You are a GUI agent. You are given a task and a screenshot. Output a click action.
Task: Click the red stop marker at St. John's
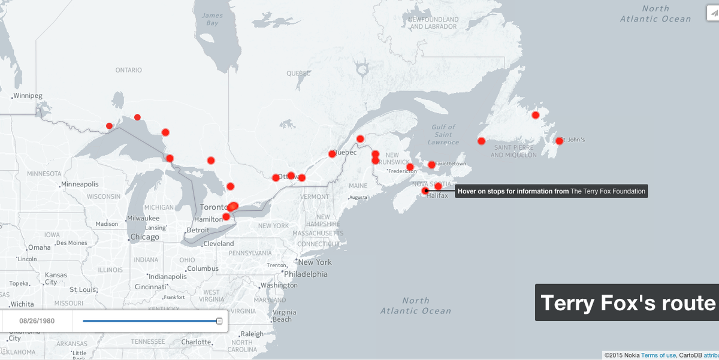click(x=559, y=141)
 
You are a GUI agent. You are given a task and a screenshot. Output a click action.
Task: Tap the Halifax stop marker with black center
click(x=425, y=191)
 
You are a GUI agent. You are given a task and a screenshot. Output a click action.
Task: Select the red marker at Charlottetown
click(x=431, y=165)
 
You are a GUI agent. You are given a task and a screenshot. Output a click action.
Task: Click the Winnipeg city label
click(x=28, y=96)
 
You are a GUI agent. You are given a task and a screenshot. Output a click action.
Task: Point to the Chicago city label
click(x=145, y=237)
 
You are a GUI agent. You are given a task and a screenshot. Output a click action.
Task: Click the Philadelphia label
click(x=306, y=274)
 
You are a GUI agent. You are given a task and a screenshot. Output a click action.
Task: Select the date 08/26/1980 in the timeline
click(x=37, y=321)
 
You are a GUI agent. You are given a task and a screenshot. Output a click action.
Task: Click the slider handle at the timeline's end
click(x=219, y=321)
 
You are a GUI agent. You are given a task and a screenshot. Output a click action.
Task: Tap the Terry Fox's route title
click(x=628, y=303)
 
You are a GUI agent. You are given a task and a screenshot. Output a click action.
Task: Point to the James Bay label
click(x=212, y=19)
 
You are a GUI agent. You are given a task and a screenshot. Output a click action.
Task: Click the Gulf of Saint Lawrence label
click(x=443, y=134)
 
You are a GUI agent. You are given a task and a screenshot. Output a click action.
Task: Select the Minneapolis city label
click(x=80, y=184)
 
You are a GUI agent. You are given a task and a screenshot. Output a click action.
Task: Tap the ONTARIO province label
click(x=129, y=70)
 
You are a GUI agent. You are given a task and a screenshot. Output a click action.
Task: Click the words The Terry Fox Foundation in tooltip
click(x=608, y=192)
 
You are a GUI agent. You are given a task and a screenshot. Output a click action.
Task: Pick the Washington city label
click(x=279, y=286)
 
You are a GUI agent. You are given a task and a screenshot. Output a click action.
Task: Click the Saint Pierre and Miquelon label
click(x=513, y=152)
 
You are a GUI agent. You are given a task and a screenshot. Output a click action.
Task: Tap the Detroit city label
click(x=198, y=230)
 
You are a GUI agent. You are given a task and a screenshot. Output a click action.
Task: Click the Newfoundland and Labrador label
click(x=433, y=23)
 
